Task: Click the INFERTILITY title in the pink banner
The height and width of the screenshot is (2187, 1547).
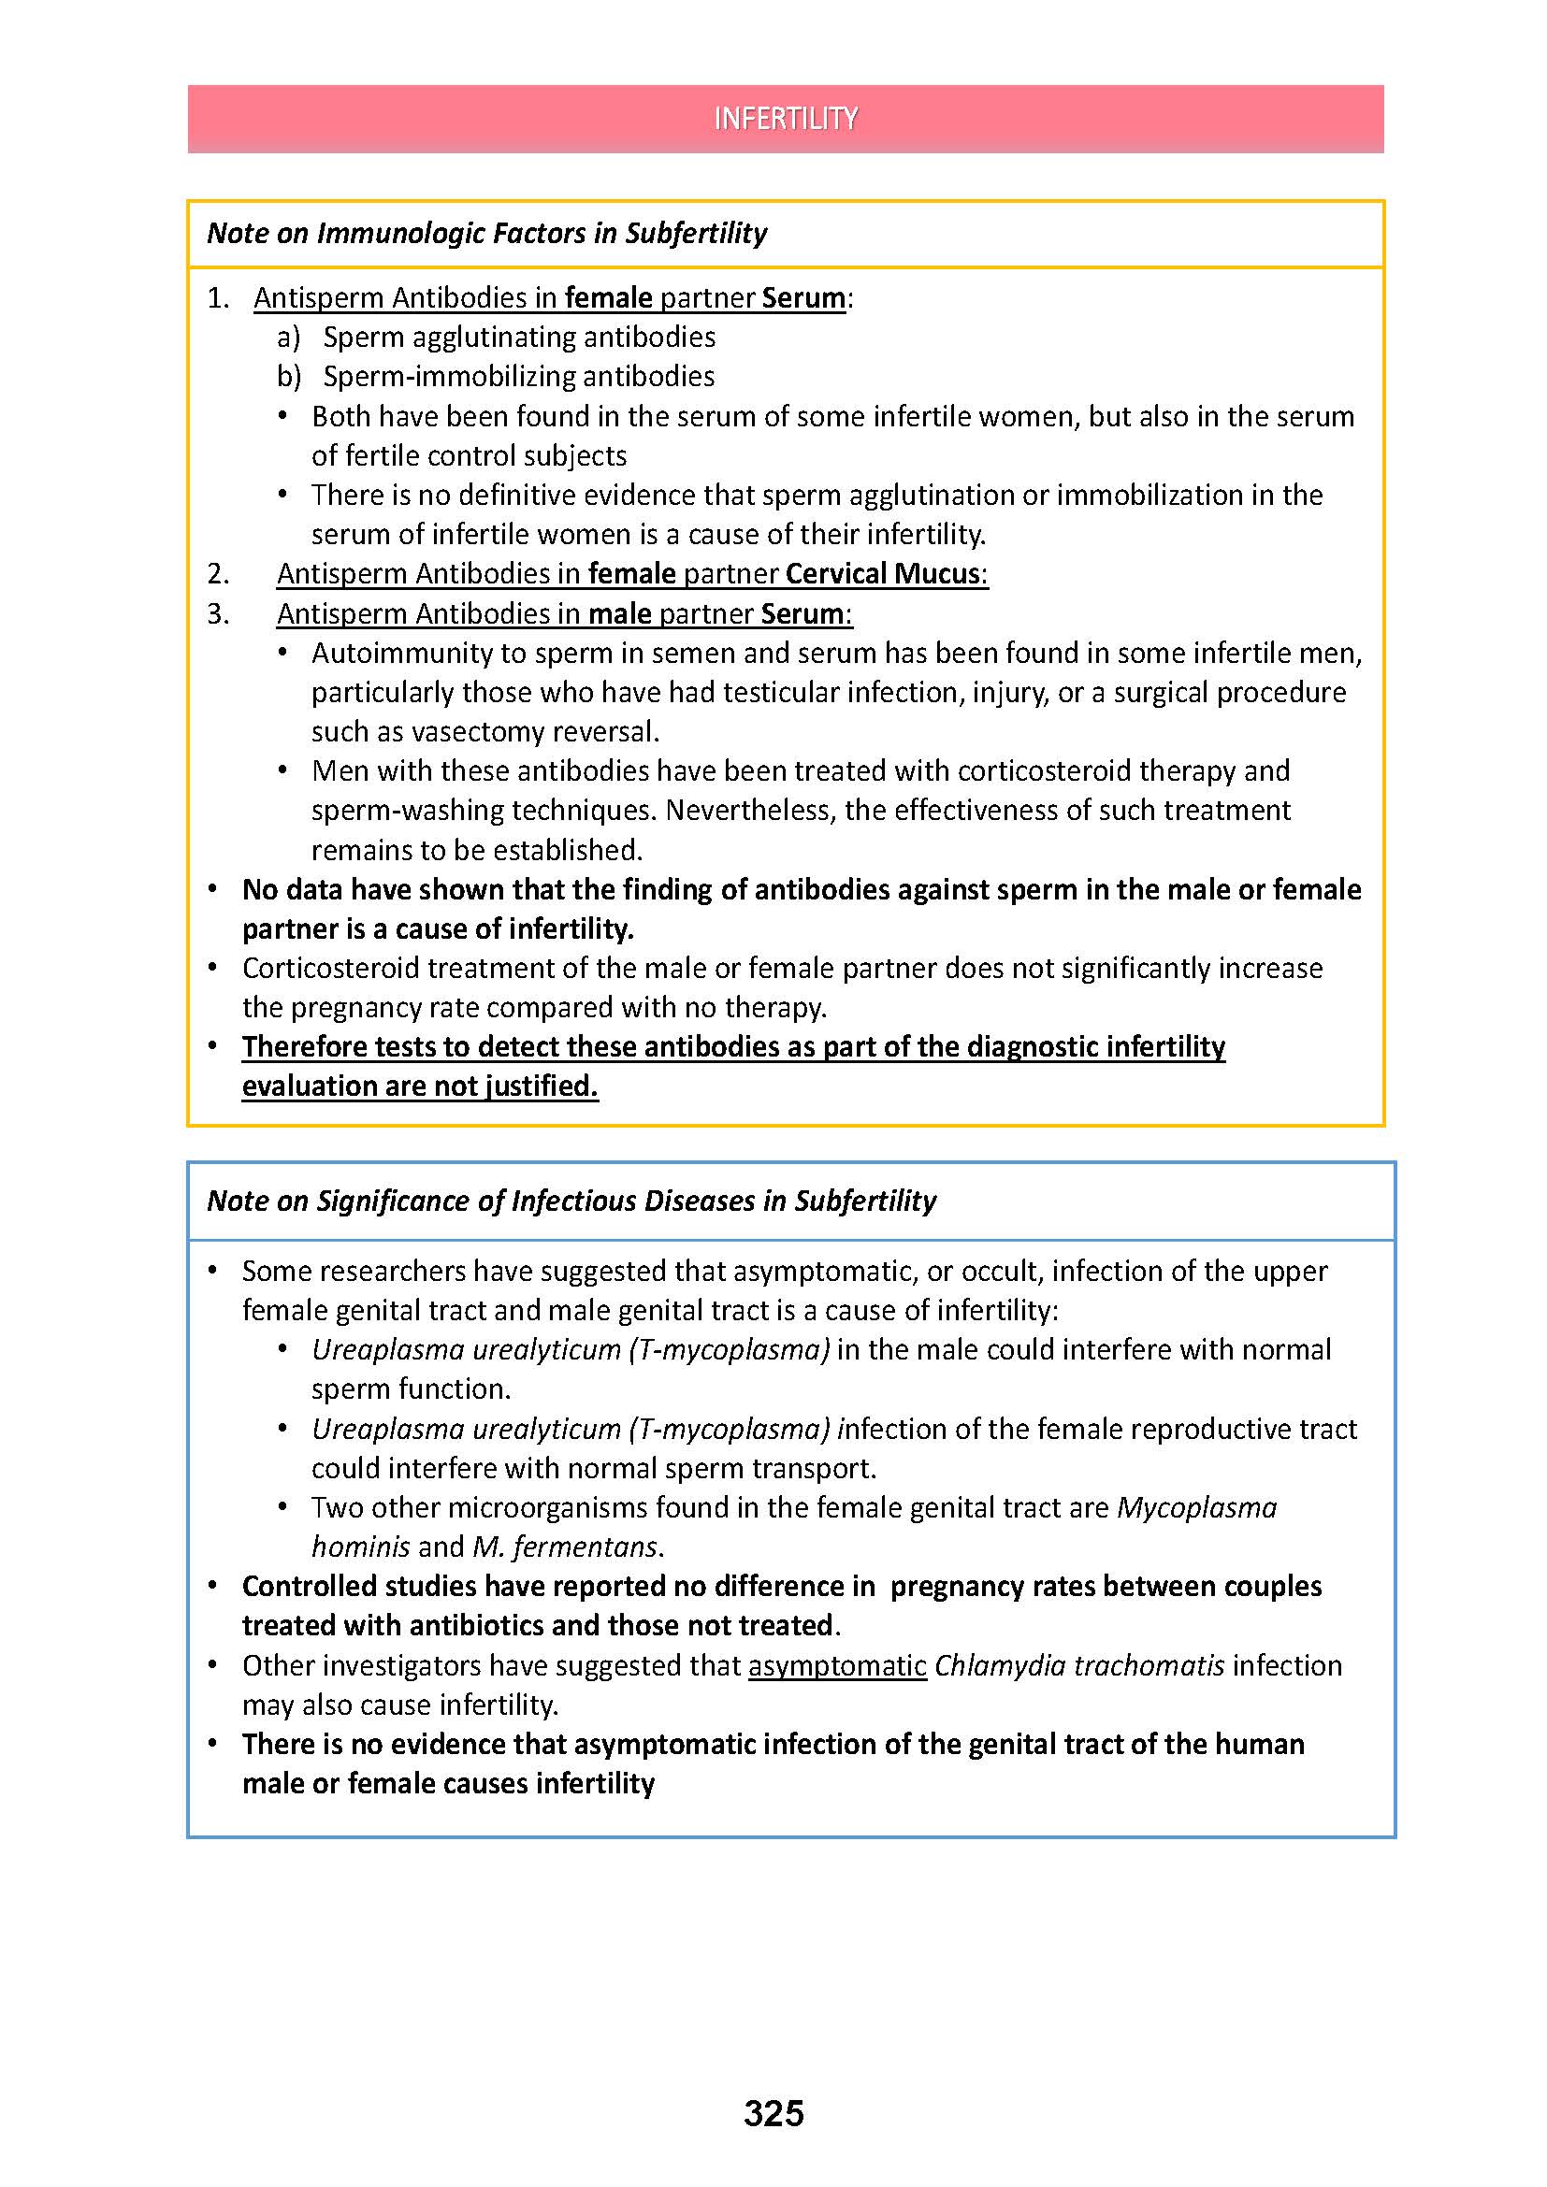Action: (785, 118)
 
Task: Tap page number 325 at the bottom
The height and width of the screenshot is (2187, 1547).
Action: (773, 2113)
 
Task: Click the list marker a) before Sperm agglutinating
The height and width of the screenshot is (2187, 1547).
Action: (289, 338)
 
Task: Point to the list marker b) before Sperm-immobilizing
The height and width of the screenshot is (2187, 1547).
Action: (289, 376)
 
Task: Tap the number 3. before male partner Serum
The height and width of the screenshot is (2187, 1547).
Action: (218, 613)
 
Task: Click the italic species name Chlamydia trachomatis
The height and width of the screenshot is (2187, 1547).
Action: (1079, 1665)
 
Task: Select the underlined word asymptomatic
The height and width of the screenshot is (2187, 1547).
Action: (837, 1665)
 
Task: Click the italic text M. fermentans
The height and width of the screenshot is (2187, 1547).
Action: (565, 1547)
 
